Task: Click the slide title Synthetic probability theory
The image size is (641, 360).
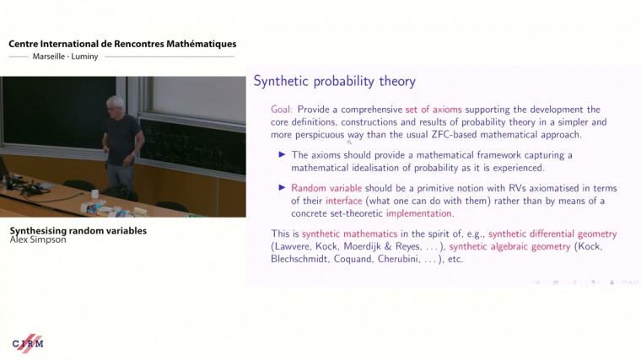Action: [x=335, y=82]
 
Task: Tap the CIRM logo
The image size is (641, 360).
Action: [x=27, y=343]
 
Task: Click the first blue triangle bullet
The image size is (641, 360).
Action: [x=283, y=155]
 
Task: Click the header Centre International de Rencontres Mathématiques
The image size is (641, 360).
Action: [x=122, y=44]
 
